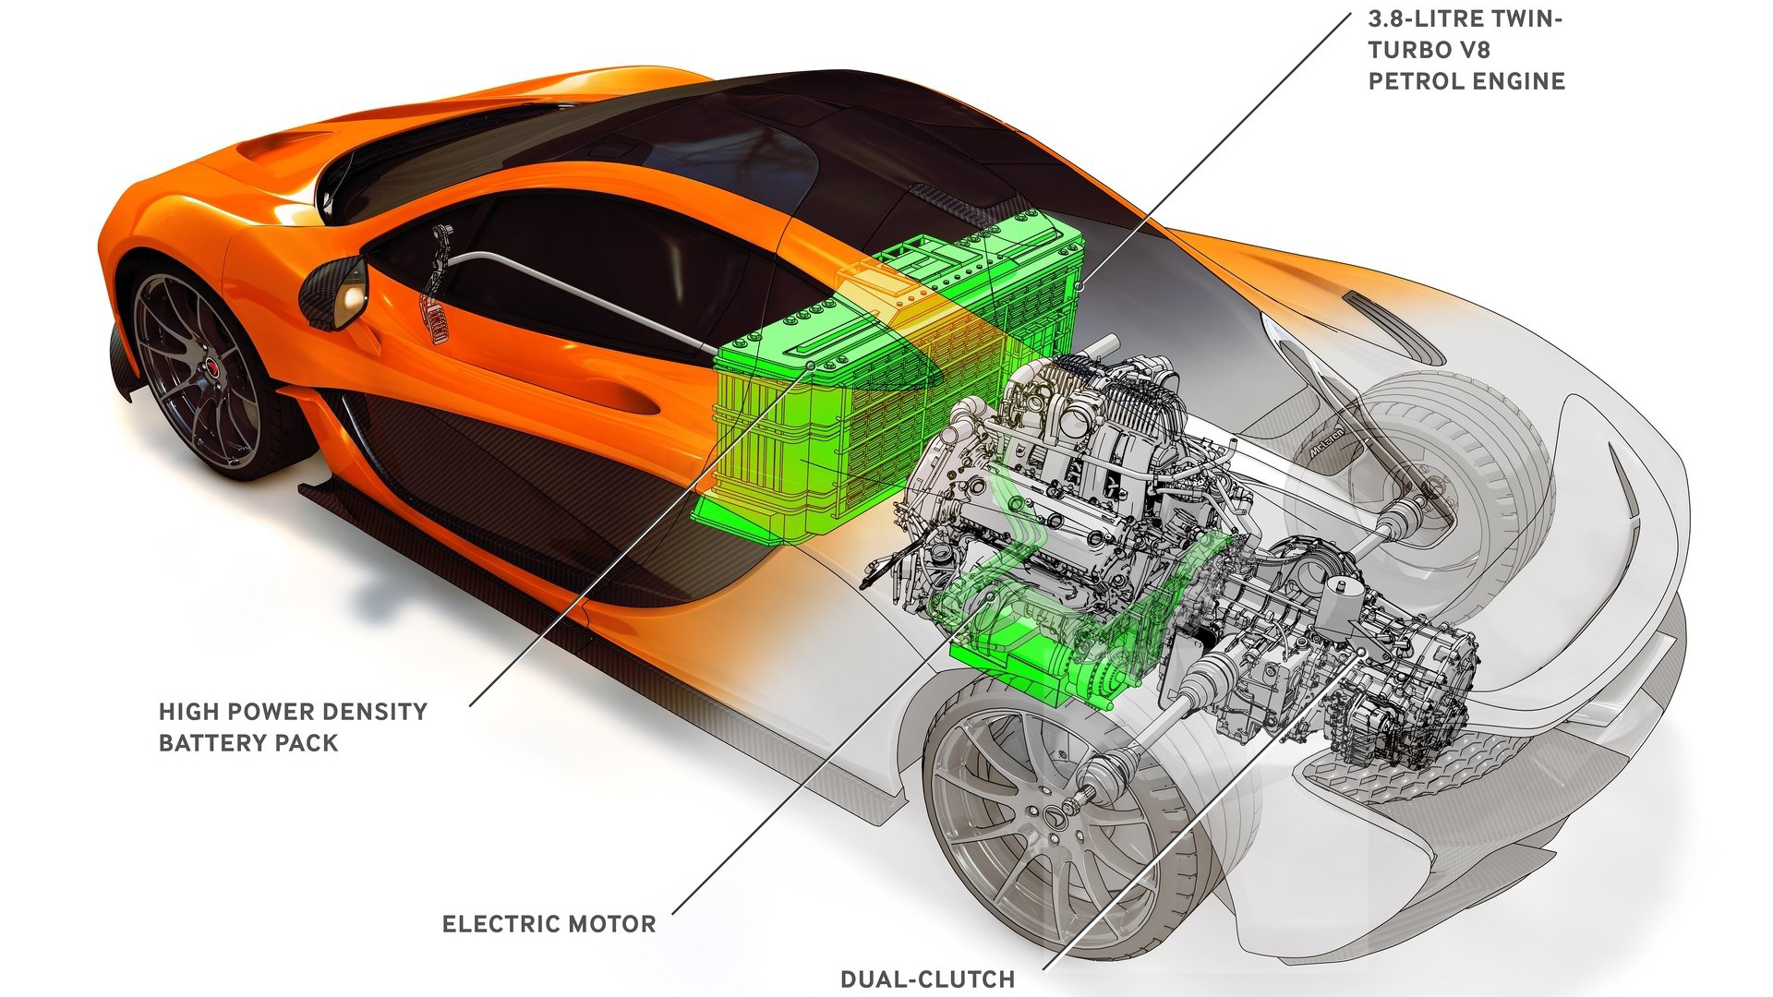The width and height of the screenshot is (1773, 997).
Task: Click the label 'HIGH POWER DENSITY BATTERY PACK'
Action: point(293,727)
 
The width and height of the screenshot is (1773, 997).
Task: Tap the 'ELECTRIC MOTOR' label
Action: point(549,924)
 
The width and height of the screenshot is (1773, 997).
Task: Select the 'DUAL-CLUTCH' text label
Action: point(927,979)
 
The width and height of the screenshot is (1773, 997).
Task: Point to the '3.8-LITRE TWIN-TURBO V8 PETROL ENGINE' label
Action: point(1465,50)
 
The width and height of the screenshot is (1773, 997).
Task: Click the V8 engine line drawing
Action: point(1080,462)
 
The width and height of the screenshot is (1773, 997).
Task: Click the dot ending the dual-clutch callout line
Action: point(1363,652)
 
